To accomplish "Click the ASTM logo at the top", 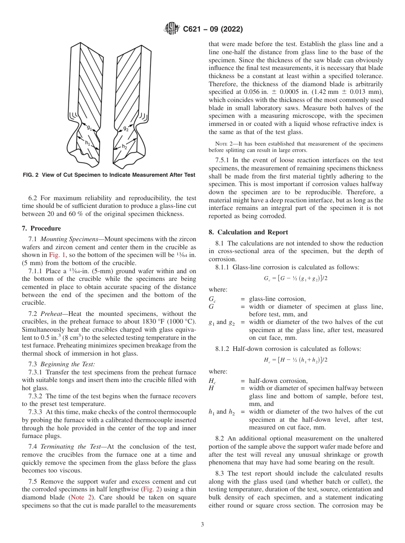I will [171, 29].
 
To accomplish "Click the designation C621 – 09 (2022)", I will [213, 29].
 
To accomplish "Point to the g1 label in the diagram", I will [89, 127].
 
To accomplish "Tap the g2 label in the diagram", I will [126, 128].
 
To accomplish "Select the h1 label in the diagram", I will [88, 143].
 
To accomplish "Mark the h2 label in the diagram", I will [124, 146].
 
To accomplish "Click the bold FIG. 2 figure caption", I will [109, 175].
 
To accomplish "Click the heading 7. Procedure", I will [41, 228].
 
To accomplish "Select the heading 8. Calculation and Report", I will [249, 232].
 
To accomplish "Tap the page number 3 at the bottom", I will [202, 525].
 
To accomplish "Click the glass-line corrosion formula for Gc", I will [295, 278].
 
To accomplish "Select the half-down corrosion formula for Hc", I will [295, 360].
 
